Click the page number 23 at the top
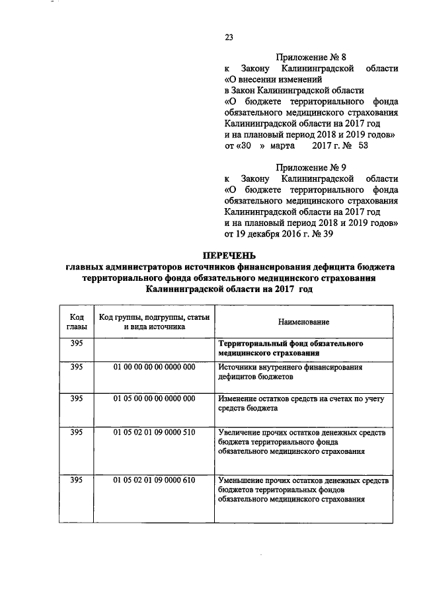point(229,37)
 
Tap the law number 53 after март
point(362,145)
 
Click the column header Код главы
point(76,320)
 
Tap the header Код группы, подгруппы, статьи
point(154,316)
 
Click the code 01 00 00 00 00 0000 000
point(154,367)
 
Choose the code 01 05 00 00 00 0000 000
point(154,398)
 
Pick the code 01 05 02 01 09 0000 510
point(154,431)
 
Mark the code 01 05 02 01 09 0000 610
point(154,479)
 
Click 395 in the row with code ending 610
point(76,479)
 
